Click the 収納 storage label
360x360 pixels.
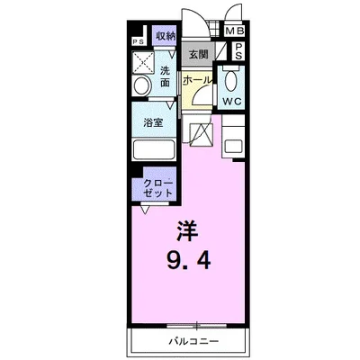point(164,36)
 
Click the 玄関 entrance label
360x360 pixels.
point(199,55)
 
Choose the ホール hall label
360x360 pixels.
point(197,80)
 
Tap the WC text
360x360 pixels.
point(230,101)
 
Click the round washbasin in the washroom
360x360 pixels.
point(141,86)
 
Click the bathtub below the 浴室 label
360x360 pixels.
point(156,149)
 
